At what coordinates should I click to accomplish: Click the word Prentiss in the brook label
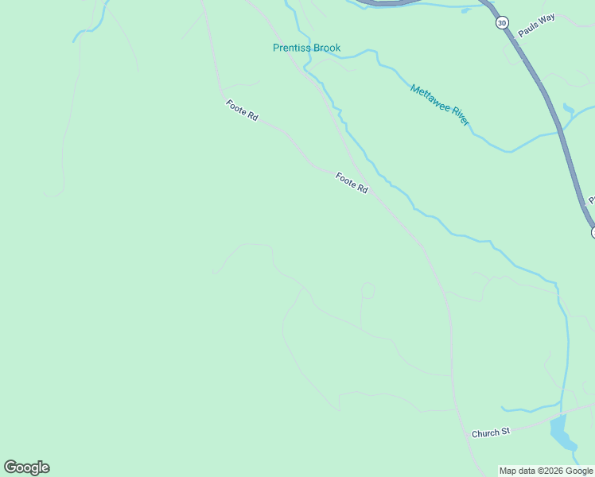pos(292,48)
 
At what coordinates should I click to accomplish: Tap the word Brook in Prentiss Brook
pos(327,48)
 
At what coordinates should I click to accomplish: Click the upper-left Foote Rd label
pos(242,111)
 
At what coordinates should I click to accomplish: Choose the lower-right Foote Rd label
pos(352,184)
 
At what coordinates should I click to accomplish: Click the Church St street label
pos(490,433)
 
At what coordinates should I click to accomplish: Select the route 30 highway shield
pos(501,23)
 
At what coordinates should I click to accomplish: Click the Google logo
pos(26,467)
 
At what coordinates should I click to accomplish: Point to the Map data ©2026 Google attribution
pos(546,471)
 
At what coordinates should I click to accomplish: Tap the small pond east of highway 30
pos(568,109)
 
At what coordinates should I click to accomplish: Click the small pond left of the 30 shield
pos(466,10)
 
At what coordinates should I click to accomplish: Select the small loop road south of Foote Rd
pos(367,290)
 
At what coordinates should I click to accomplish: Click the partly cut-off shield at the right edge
pos(593,232)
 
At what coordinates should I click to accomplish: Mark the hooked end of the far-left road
pos(52,193)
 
